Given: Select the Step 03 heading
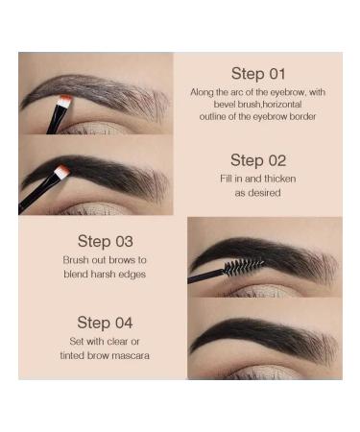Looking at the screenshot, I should [105, 242].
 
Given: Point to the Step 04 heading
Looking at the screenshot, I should [105, 323].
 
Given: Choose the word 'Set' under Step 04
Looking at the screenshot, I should [66, 342].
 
